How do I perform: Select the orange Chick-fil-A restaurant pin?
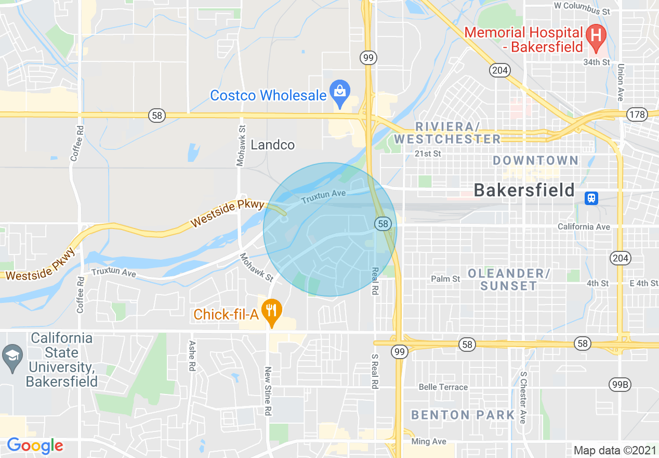271,311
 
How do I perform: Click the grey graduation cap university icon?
11,357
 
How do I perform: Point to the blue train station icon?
591,198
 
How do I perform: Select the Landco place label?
272,145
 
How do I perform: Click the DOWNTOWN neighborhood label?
535,160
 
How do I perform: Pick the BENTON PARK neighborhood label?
463,415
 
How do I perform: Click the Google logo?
35,446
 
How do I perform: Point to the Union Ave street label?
621,82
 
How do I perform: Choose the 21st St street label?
428,154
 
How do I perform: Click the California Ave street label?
584,226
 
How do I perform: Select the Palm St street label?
445,279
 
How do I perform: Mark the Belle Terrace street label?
443,387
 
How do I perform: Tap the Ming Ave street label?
429,441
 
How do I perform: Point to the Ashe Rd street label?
192,355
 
